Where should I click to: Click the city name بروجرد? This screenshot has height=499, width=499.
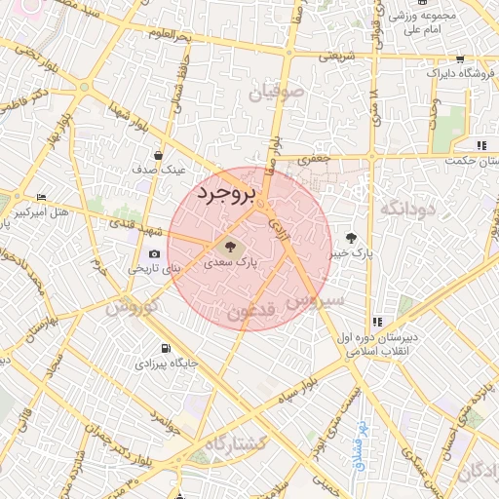[225, 192]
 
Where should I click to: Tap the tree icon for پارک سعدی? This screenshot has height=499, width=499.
[231, 247]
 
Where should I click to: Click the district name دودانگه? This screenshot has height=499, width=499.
[405, 209]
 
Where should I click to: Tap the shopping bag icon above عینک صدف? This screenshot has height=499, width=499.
[159, 154]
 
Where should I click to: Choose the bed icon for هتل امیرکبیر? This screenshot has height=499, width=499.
[41, 197]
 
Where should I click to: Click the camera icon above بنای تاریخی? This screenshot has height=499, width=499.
[154, 254]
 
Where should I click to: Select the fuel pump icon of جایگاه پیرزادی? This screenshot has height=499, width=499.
[166, 349]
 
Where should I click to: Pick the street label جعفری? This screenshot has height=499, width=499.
[318, 159]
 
